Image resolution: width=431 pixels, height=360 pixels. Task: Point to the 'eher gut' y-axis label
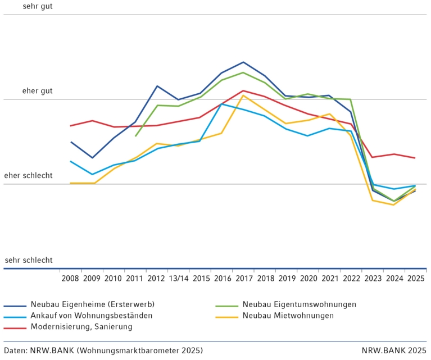coord(38,91)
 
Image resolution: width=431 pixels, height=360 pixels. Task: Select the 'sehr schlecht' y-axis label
coord(29,260)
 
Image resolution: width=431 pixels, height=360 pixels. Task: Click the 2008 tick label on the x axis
coord(70,279)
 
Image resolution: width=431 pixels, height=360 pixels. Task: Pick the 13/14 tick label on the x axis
coord(178,279)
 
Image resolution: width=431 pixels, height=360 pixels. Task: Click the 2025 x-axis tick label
coord(415,279)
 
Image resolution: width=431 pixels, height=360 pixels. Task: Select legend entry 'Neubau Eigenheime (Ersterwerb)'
coord(93,304)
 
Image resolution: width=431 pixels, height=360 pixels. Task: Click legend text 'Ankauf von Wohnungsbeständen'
coord(92,316)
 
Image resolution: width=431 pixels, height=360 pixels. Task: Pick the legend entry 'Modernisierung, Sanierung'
coord(81,327)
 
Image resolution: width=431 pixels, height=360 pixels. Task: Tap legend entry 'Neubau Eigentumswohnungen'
coord(300,304)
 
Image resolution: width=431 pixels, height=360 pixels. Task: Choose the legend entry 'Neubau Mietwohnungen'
coord(288,316)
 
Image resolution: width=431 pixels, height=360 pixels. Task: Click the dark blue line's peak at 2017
coord(243,62)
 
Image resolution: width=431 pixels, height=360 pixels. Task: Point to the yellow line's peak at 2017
coord(243,95)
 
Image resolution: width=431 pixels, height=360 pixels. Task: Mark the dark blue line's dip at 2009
coord(92,158)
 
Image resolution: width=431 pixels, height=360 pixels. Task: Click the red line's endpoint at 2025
coord(415,158)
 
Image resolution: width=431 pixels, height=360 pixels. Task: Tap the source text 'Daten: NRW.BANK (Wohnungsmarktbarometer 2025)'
coord(103,350)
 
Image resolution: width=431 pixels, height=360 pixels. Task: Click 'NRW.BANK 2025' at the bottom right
coord(394,350)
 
